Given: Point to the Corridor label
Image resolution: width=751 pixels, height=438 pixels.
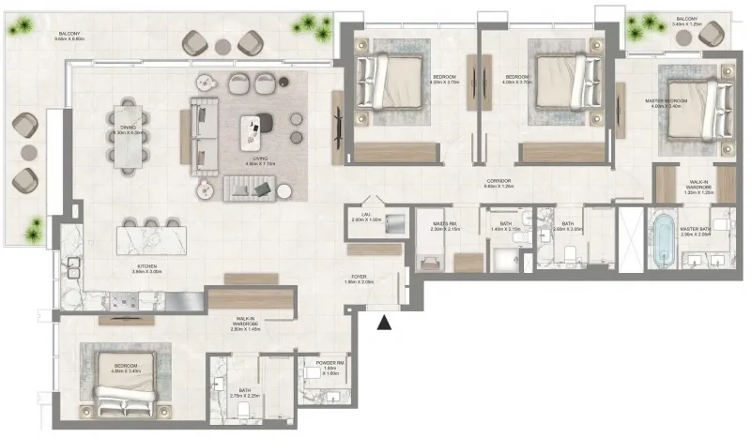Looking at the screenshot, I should pyautogui.click(x=498, y=183).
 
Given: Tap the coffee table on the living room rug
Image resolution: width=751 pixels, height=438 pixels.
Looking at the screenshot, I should pyautogui.click(x=252, y=130).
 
